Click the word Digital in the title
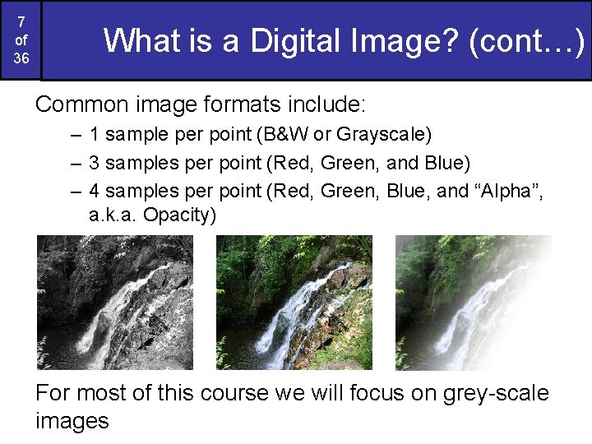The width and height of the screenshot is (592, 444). [x=293, y=39]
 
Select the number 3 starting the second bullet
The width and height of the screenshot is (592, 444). [x=95, y=162]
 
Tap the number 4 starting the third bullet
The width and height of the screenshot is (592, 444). [x=95, y=191]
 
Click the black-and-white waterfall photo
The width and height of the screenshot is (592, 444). [x=114, y=302]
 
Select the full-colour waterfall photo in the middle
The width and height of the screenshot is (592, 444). [x=294, y=302]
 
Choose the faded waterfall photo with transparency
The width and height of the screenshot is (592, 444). [x=474, y=302]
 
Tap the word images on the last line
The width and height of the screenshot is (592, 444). [x=72, y=421]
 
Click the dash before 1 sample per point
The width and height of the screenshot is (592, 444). [x=76, y=133]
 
